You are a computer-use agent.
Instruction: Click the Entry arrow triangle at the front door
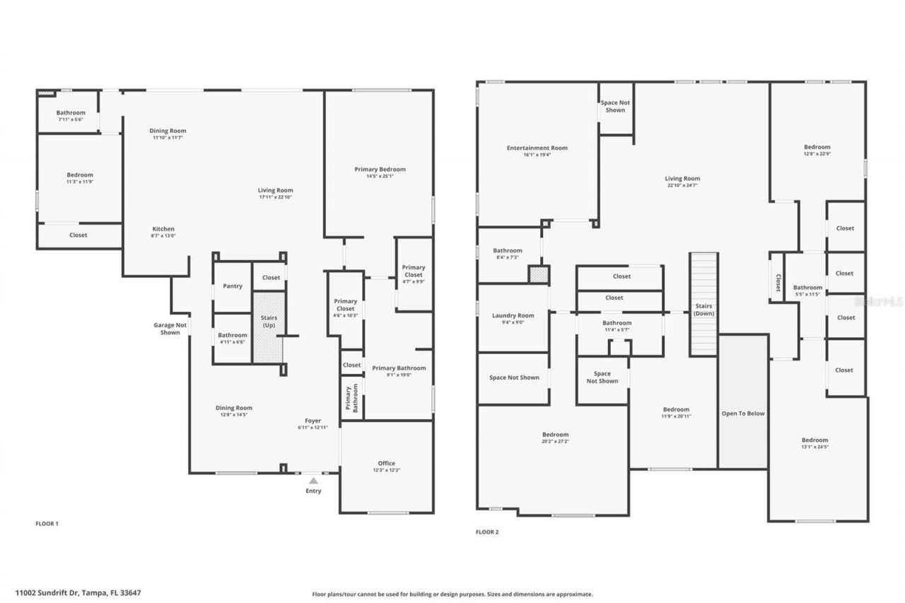[313, 481]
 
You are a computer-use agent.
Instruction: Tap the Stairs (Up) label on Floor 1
[269, 322]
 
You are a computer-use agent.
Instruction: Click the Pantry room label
[232, 286]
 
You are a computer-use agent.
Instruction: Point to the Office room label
[386, 463]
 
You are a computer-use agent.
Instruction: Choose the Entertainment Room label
[537, 148]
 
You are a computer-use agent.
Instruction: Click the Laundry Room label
[513, 315]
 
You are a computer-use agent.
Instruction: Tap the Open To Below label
[742, 414]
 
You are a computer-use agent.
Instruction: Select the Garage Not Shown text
[170, 329]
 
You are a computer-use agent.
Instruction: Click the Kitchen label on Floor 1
[163, 228]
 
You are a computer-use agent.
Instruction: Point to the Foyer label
[313, 421]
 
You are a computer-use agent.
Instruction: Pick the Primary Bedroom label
[380, 169]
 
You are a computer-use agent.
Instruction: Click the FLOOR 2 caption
[487, 532]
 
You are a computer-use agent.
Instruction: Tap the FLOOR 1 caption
[47, 524]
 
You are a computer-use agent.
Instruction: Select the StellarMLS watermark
[877, 300]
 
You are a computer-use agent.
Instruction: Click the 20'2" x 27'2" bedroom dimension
[555, 442]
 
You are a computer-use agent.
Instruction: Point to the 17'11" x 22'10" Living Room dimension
[275, 197]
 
